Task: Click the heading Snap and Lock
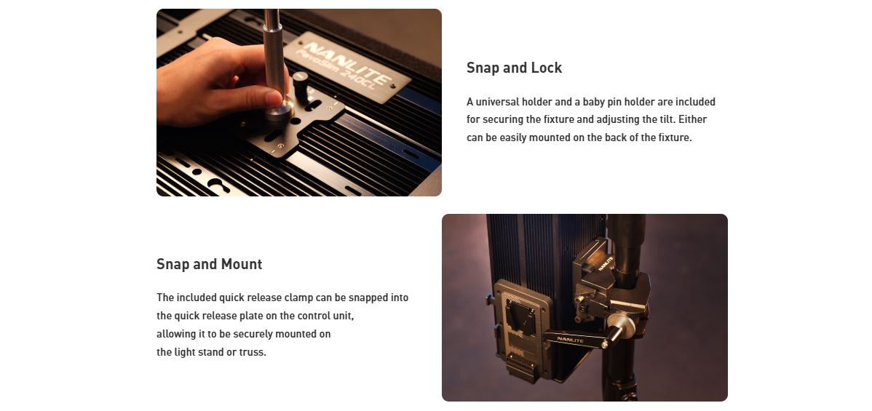click(514, 68)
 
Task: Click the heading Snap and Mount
click(209, 264)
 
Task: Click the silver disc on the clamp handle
click(621, 325)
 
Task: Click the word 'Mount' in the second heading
click(242, 264)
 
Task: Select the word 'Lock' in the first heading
click(547, 68)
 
